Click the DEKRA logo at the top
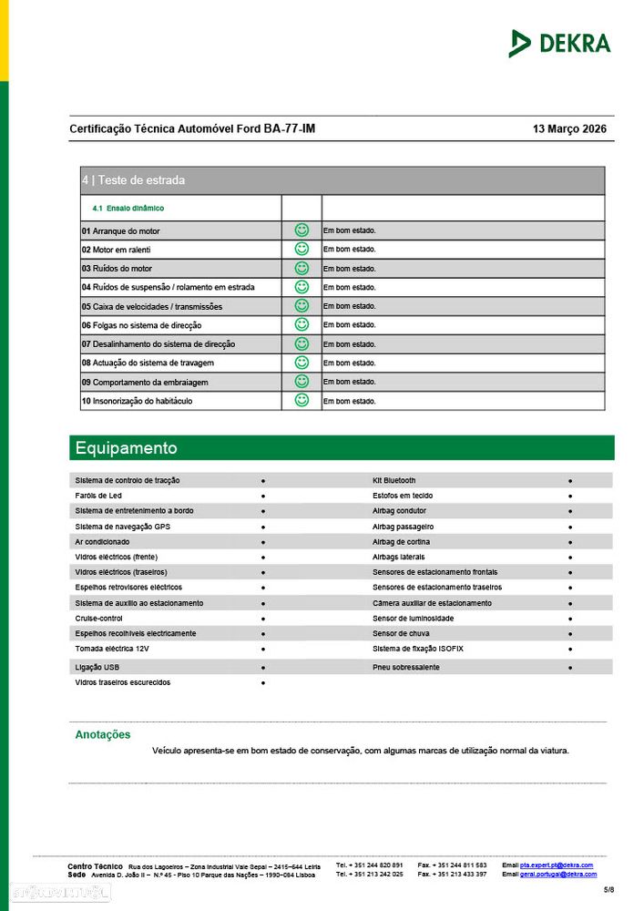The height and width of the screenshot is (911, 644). [559, 43]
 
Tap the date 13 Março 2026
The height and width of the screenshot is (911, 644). [568, 129]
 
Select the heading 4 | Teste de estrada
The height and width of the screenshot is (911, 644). [133, 180]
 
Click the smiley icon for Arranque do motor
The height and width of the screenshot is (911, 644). [302, 230]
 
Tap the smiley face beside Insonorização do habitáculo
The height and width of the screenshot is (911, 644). [302, 400]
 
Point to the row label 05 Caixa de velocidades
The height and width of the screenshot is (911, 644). [151, 306]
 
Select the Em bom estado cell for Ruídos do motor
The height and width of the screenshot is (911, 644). [349, 269]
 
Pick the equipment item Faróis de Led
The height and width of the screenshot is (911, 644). [98, 496]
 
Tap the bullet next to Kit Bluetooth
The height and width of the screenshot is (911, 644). [570, 480]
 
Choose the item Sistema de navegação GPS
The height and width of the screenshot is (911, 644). [122, 527]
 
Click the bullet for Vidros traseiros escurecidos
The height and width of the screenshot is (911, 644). [263, 682]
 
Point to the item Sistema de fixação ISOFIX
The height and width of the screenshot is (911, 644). [418, 649]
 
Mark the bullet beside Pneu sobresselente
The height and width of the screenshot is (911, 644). [570, 668]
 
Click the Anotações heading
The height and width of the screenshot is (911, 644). [103, 735]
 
